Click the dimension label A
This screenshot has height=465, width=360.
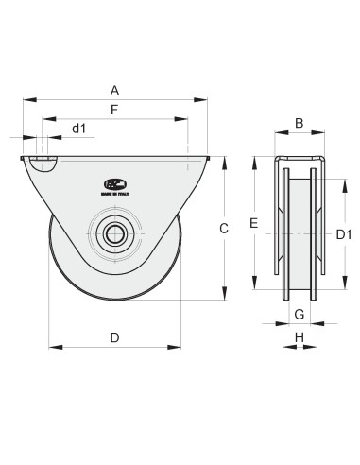[114, 90]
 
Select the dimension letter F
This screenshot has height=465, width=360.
[114, 111]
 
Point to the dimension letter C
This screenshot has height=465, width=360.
[224, 228]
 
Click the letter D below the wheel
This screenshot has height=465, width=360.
[114, 337]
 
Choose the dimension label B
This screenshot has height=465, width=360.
[299, 122]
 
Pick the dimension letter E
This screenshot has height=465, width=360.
[253, 222]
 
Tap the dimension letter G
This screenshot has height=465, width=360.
[299, 313]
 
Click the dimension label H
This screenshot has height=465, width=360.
[299, 337]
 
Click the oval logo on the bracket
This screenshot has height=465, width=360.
[114, 183]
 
